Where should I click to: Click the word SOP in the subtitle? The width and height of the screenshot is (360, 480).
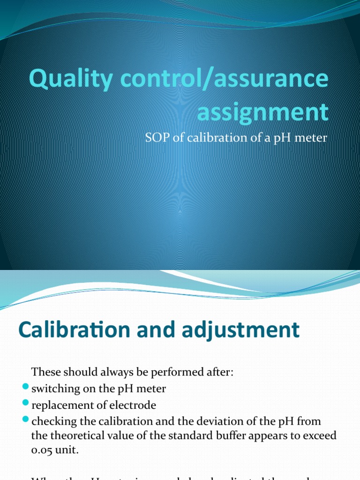point(156,138)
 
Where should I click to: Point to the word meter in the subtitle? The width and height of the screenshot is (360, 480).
point(311,138)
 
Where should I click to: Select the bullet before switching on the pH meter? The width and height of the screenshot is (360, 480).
point(25,388)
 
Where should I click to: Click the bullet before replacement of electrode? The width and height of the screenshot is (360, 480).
point(25,404)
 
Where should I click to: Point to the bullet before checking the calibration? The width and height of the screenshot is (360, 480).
point(25,419)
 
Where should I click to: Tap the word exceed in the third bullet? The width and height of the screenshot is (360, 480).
point(321,436)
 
